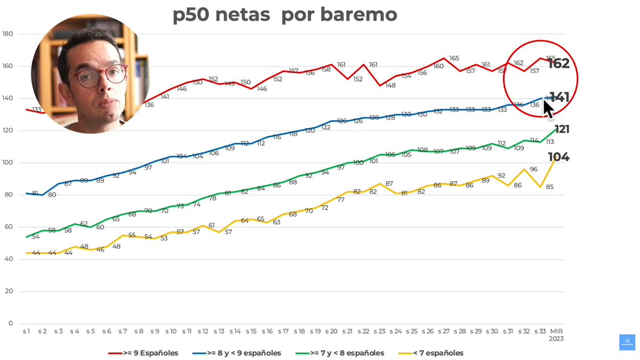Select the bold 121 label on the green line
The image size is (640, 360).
(562, 129)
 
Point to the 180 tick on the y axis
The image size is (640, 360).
(7, 34)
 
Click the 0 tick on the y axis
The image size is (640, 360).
(11, 323)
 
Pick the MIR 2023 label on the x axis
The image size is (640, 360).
(557, 334)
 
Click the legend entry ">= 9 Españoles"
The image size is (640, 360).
(143, 353)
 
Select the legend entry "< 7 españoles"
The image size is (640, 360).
(430, 353)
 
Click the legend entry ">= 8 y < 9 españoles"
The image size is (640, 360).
(237, 353)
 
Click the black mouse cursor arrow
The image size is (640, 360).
(548, 109)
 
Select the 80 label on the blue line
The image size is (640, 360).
(52, 195)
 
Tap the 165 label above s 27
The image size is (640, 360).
(454, 58)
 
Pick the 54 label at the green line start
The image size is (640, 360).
(36, 236)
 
